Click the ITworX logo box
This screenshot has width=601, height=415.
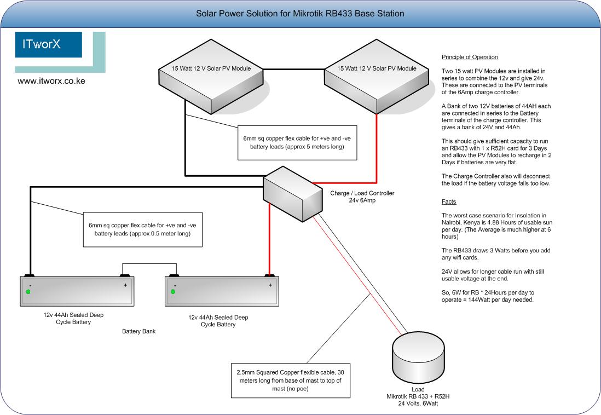pos(49,45)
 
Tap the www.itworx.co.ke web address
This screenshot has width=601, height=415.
pos(51,80)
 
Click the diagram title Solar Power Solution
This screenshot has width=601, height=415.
pos(300,13)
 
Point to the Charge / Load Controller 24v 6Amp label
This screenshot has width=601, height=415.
pos(362,197)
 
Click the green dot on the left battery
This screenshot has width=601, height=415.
pos(28,292)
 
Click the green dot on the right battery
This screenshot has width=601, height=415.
pos(173,292)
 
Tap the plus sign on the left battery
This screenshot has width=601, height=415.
pos(125,285)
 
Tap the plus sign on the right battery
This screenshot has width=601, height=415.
pos(270,285)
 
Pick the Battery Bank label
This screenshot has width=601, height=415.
pos(139,331)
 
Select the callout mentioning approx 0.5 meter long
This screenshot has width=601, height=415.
pos(136,229)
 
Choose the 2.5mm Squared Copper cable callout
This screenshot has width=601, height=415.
pos(290,380)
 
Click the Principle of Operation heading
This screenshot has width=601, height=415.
pos(470,57)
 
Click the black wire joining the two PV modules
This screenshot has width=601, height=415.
pos(294,69)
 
